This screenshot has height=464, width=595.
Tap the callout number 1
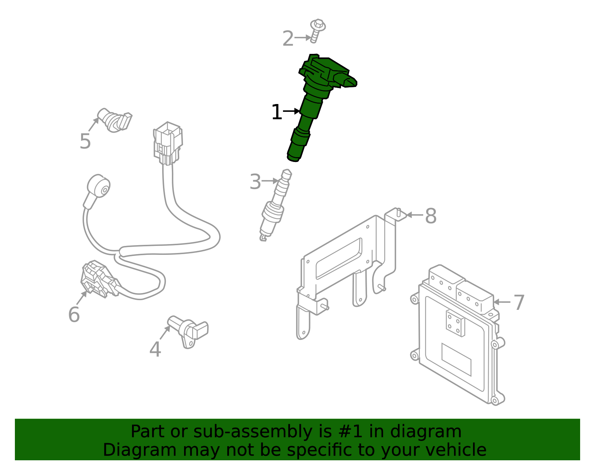[x=276, y=112]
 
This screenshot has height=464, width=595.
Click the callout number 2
[x=288, y=39]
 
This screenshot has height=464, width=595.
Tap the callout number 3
[x=255, y=182]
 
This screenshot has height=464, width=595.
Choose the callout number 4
[x=155, y=350]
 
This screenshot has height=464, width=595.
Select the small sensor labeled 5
[x=115, y=120]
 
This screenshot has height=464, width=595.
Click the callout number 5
[x=85, y=142]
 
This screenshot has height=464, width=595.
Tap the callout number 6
[x=74, y=315]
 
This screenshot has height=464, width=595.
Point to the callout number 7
[x=519, y=302]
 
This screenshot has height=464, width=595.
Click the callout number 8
[x=430, y=216]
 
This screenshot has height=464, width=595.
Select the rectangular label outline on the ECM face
[x=456, y=359]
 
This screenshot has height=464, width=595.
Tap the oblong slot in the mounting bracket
[x=338, y=259]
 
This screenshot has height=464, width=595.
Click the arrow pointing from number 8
[x=414, y=215]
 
